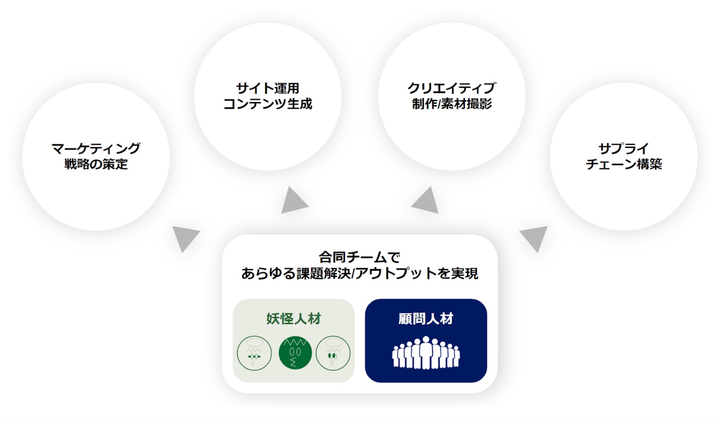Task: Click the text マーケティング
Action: (96, 148)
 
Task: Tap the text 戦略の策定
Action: (96, 164)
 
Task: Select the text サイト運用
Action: (268, 88)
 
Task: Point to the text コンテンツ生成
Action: (268, 104)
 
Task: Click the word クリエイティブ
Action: (451, 88)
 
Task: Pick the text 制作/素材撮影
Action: (451, 104)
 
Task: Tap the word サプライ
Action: (623, 148)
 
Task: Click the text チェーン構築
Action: (623, 164)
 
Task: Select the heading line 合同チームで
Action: (359, 257)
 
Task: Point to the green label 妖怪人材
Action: (294, 319)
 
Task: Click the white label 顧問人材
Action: (426, 319)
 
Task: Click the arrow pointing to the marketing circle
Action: (185, 237)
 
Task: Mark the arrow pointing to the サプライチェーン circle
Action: (535, 237)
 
